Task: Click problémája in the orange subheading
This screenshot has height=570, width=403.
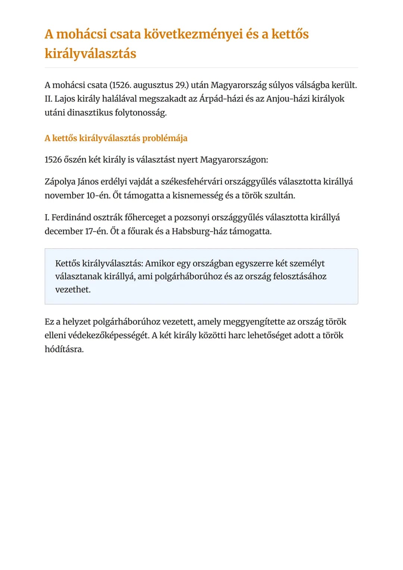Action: click(165, 138)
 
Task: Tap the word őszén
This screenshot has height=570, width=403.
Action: click(75, 160)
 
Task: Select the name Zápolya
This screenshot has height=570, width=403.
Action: click(60, 182)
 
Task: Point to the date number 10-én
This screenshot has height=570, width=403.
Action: click(99, 196)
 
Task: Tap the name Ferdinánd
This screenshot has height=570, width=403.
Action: click(71, 218)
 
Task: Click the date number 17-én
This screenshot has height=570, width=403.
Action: click(96, 231)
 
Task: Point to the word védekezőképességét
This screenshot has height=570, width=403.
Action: click(109, 336)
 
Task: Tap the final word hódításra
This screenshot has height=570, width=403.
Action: click(64, 349)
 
